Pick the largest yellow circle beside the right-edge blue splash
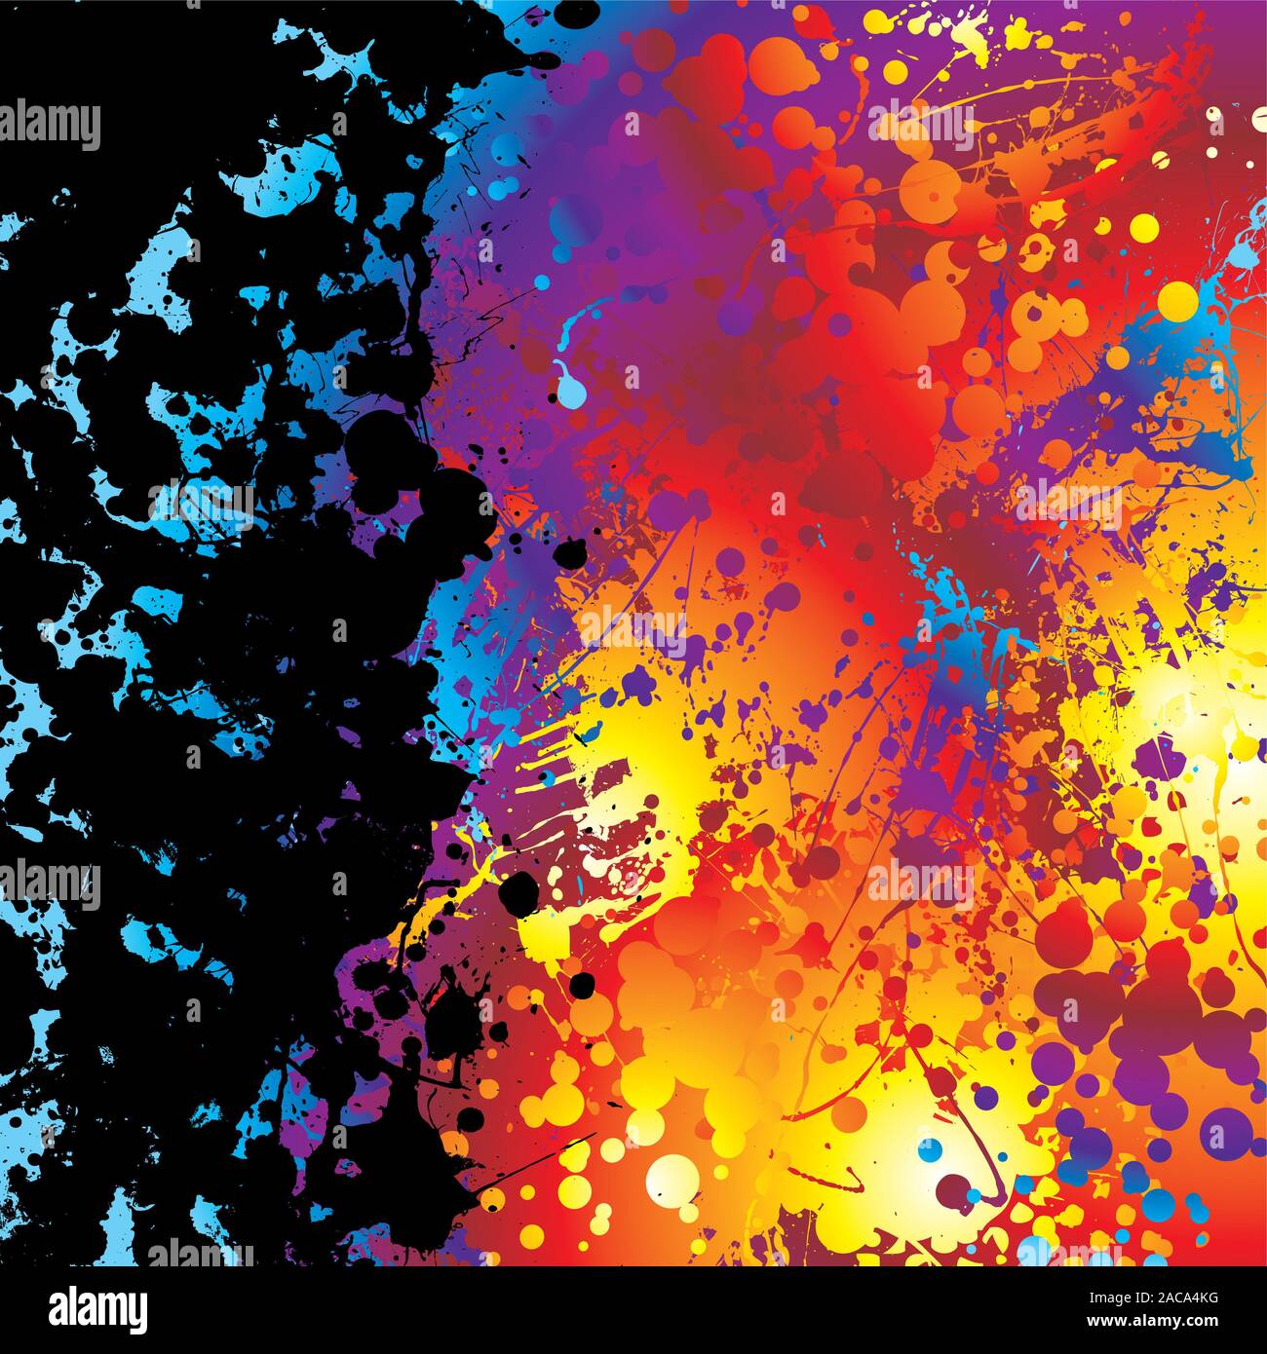click(1177, 300)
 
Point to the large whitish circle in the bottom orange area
click(672, 1181)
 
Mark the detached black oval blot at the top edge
click(581, 14)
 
